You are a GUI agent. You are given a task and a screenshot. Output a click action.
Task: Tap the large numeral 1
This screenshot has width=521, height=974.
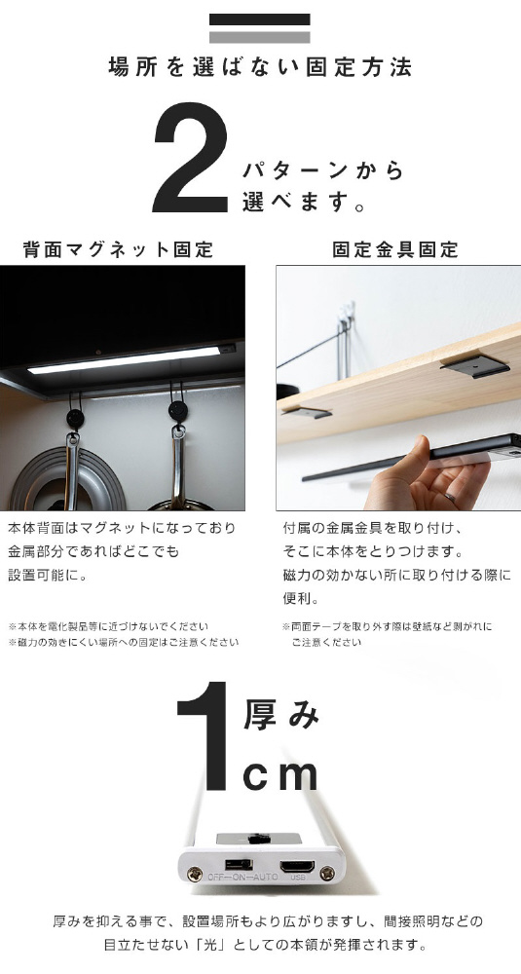coord(204,736)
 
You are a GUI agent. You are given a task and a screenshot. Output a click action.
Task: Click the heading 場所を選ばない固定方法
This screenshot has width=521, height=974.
coord(260,67)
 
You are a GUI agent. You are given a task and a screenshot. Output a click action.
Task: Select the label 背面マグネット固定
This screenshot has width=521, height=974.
coord(118,249)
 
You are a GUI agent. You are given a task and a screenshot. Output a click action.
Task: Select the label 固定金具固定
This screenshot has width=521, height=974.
coord(395,249)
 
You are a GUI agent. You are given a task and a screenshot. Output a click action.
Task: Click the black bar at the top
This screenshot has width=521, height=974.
coord(260,19)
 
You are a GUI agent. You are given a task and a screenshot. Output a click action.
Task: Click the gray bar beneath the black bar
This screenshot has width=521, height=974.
coord(260,37)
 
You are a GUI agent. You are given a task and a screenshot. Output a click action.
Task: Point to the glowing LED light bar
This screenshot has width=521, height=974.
coord(125,360)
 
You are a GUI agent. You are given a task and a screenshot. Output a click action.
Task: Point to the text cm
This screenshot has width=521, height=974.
coord(280,774)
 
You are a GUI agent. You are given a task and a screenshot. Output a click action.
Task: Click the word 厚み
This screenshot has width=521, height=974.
coord(280,715)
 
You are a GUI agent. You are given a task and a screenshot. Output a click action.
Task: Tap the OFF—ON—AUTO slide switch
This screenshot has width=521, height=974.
coord(240,864)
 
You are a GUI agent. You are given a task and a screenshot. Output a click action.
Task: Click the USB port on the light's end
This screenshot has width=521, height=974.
coord(297,867)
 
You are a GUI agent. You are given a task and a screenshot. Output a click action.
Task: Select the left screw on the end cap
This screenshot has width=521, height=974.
coord(196,874)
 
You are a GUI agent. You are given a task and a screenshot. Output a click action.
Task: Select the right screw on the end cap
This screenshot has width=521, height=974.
coord(326,874)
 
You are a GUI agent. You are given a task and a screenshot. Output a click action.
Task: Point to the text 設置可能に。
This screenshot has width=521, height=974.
coord(48,576)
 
